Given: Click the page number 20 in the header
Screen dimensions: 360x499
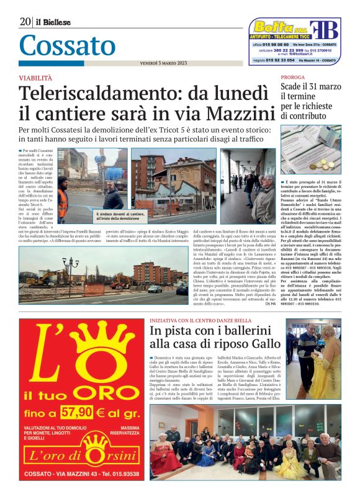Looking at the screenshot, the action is coord(25,22).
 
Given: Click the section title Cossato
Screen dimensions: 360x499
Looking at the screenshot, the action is coord(67,45).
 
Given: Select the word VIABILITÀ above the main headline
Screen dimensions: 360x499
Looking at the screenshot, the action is coord(35,78).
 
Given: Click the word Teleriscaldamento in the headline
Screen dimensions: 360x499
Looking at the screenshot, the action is coord(96,94).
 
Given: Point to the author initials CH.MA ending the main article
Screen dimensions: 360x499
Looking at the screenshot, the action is coord(269,303).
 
